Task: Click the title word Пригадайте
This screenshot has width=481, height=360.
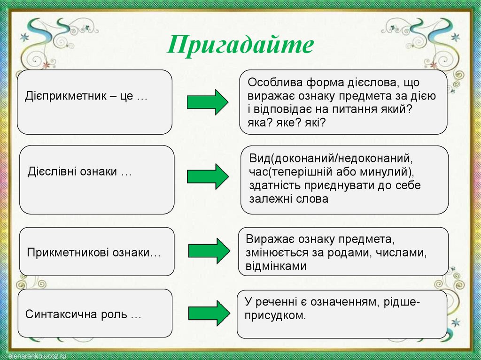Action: [240, 46]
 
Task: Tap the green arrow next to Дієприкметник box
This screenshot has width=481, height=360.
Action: [207, 101]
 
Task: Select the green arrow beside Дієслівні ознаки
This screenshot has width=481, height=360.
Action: [207, 176]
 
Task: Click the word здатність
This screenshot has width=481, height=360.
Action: [274, 185]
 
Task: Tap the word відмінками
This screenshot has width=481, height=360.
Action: [276, 267]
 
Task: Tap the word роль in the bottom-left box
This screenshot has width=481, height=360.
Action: [114, 314]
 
